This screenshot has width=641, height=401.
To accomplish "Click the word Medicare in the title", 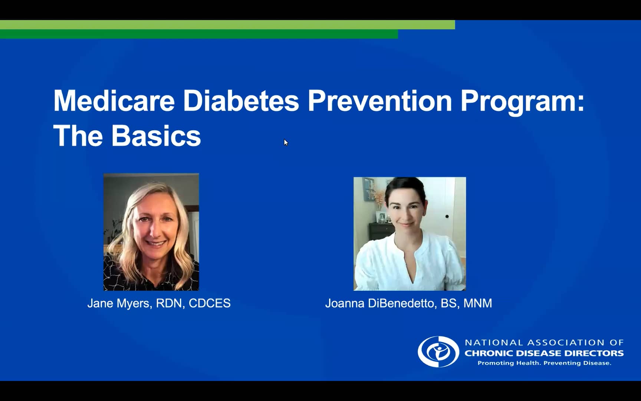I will click(114, 101).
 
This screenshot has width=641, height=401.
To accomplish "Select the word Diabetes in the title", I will click(241, 101).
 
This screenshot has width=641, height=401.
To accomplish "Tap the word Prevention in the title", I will click(380, 101).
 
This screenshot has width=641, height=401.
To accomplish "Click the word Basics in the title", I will click(156, 136).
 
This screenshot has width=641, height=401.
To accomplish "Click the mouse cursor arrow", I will click(286, 142).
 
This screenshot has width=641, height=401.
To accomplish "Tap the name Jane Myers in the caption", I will click(118, 303).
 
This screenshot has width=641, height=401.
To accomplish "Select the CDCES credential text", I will click(210, 303).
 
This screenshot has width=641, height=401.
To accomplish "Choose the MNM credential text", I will click(478, 303).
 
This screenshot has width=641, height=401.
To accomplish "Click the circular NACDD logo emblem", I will click(438, 352).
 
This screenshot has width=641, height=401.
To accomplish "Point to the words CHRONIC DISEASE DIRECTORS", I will click(544, 353).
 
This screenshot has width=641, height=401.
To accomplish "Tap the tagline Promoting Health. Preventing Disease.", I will click(544, 363).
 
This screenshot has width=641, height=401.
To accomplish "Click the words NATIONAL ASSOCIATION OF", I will click(544, 342).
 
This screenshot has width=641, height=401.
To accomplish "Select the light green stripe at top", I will click(227, 25).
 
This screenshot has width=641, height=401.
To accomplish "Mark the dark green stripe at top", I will click(199, 34).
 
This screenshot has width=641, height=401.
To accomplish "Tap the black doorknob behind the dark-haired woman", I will click(447, 216).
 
